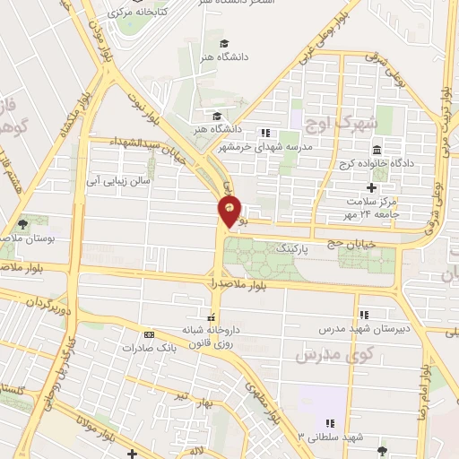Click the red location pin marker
tap(230, 212)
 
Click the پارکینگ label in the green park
tap(294, 247)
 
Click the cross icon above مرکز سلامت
tap(372, 187)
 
